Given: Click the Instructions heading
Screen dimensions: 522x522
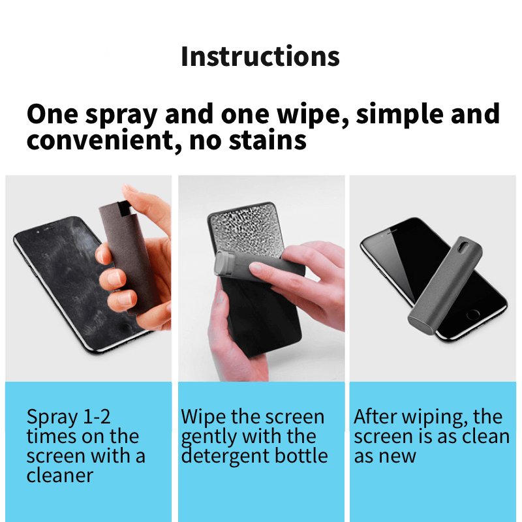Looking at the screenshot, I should click(x=260, y=57).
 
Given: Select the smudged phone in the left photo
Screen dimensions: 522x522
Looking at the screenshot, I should click(x=52, y=281).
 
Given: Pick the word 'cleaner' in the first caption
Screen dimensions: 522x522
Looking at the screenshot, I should click(x=59, y=475).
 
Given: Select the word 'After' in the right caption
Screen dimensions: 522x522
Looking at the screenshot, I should click(x=374, y=417).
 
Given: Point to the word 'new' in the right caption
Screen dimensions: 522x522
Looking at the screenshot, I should click(x=399, y=455).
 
